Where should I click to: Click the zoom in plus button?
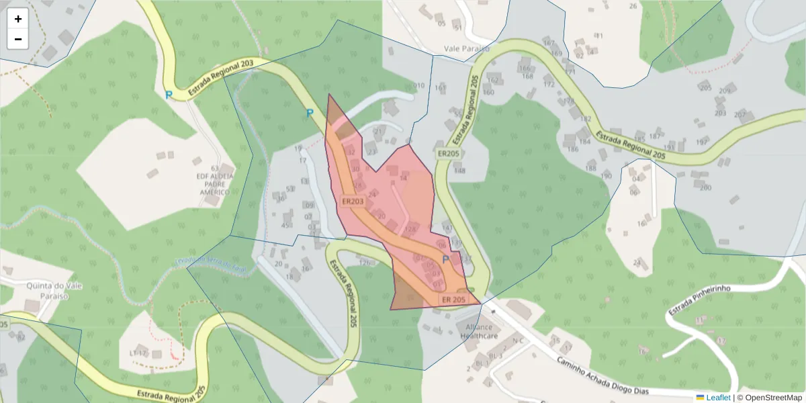pyautogui.click(x=18, y=19)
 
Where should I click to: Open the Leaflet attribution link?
pyautogui.click(x=718, y=398)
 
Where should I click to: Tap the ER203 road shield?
pyautogui.click(x=352, y=201)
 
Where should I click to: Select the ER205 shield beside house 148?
pyautogui.click(x=447, y=154)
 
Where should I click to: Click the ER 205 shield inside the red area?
pyautogui.click(x=453, y=299)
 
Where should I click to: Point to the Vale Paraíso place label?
pyautogui.click(x=466, y=49)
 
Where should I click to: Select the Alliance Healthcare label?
pyautogui.click(x=477, y=331)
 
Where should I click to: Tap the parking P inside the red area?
pyautogui.click(x=445, y=259)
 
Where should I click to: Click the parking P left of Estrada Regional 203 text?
pyautogui.click(x=169, y=95)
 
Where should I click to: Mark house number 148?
pyautogui.click(x=459, y=171)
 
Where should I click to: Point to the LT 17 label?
pyautogui.click(x=138, y=353)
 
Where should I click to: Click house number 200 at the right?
pyautogui.click(x=705, y=187)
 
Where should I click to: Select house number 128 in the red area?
pyautogui.click(x=411, y=230)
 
